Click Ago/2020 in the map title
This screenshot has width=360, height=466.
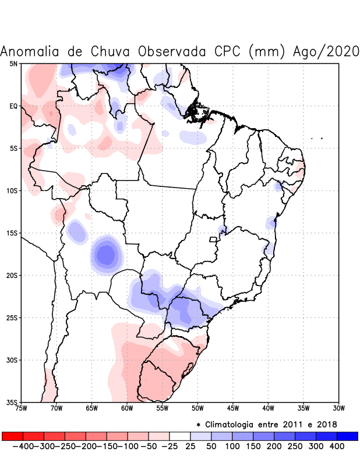[323, 51]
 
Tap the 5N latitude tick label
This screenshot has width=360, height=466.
[13, 63]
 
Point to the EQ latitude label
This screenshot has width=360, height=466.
[13, 106]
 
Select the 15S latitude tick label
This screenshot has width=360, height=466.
[12, 233]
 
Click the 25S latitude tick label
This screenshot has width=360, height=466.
[12, 318]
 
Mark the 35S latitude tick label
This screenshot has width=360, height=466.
[12, 403]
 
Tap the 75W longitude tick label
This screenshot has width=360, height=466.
[22, 408]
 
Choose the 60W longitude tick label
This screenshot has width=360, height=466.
[126, 408]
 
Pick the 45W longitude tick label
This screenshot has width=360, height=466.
[232, 408]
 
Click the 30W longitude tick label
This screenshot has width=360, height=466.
[338, 408]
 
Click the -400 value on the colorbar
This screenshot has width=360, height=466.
[23, 446]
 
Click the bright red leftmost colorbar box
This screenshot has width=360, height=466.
[12, 436]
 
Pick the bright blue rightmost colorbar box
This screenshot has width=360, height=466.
[347, 436]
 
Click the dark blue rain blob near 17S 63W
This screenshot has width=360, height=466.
[106, 254]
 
